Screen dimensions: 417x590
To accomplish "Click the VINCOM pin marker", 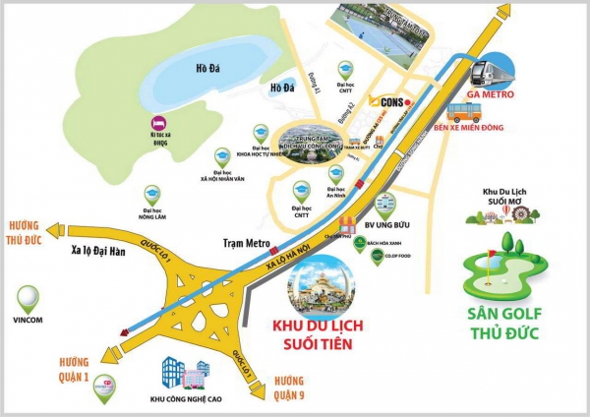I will (29, 295).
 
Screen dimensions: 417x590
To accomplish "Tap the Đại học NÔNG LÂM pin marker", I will (151, 195).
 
